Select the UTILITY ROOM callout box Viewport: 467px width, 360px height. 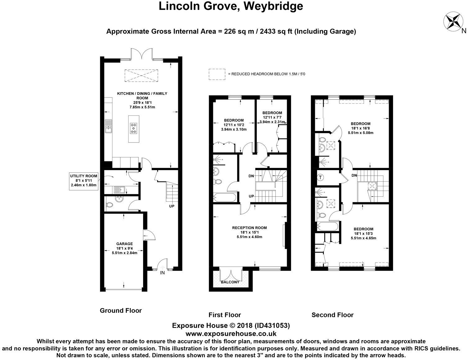click(x=83, y=180)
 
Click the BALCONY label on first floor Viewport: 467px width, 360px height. click(x=230, y=282)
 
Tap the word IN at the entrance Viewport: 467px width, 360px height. click(x=162, y=273)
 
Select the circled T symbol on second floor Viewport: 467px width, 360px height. click(x=320, y=178)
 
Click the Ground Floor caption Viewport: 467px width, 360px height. click(x=120, y=310)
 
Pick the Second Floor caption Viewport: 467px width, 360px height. click(x=332, y=315)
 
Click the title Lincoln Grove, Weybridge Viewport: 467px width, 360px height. click(x=231, y=6)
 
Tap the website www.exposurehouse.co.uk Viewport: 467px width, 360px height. click(x=231, y=334)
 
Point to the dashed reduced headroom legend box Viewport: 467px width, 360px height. click(x=217, y=74)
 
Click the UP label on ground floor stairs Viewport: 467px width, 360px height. click(x=171, y=206)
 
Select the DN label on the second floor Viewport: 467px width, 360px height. click(x=354, y=175)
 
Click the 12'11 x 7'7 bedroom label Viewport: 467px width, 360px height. click(x=272, y=117)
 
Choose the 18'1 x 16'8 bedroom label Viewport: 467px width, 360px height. click(x=360, y=128)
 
